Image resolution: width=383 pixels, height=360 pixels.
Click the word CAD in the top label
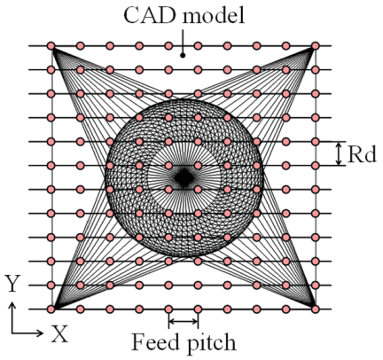pos(150,15)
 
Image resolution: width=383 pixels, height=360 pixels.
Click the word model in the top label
pos(214,15)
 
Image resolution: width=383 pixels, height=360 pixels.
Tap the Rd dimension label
pos(362,154)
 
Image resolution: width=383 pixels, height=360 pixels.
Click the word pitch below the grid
pos(212,343)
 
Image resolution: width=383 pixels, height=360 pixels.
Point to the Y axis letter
pos(12,283)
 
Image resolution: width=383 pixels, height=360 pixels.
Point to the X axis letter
pos(60,333)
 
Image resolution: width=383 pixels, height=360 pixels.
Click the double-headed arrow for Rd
pos(340,153)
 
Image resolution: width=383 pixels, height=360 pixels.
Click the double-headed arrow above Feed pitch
pos(184,321)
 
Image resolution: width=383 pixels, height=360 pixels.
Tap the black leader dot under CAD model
pos(183,55)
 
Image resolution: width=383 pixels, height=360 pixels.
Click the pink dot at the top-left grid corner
pos(51,46)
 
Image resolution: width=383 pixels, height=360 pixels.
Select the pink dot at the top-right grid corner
pos(316,46)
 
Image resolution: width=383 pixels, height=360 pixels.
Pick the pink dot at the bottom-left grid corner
pos(51,309)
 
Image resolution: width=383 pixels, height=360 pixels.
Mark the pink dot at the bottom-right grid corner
pos(316,309)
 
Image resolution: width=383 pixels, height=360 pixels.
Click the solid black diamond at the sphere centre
pos(184,178)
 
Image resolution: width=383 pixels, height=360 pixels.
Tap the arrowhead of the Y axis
pos(12,305)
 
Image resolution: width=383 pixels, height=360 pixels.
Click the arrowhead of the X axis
pos(40,333)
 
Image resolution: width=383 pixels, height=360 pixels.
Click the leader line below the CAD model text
pos(183,41)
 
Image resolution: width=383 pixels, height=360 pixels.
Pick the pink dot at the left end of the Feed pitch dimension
pos(168,309)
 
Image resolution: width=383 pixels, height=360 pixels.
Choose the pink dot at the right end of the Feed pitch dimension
pos(198,309)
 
